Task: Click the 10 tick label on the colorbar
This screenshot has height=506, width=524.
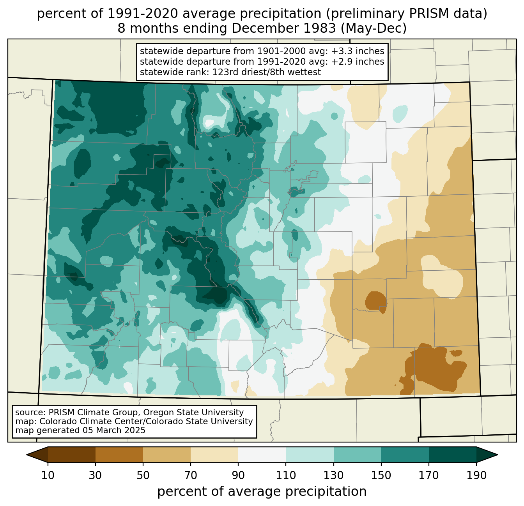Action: [48, 476]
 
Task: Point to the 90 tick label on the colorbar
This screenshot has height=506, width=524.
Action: [238, 476]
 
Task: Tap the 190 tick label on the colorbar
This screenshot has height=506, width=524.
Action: [476, 476]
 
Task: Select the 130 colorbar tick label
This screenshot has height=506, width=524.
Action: [333, 476]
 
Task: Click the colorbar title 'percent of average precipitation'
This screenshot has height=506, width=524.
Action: [262, 492]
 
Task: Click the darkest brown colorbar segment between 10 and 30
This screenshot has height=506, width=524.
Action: [72, 455]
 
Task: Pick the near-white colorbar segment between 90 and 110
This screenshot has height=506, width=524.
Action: [262, 455]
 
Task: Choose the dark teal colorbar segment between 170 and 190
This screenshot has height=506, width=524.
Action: [452, 455]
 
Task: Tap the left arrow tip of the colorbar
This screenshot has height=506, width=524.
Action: [27, 455]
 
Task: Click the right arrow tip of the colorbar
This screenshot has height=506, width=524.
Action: [497, 455]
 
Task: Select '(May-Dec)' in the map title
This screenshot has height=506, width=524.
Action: [374, 28]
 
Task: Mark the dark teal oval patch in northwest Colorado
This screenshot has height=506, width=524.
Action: [82, 163]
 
